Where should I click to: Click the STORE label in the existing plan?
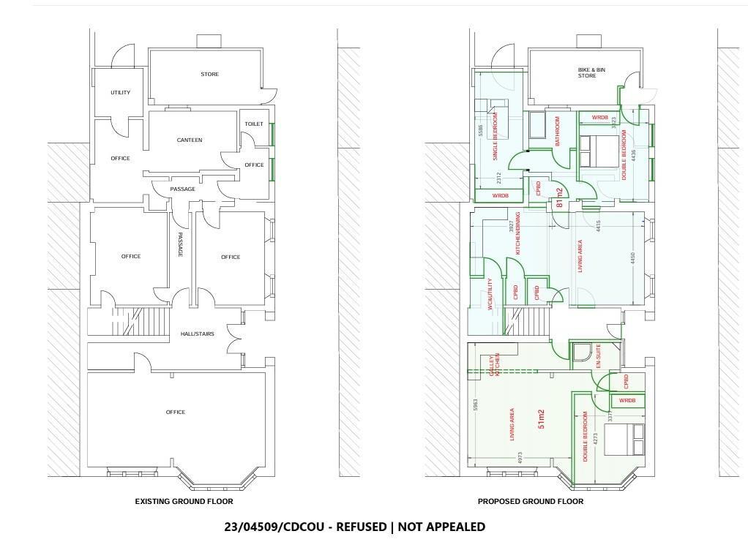click(209, 74)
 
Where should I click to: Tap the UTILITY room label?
click(120, 92)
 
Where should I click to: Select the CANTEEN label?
click(190, 140)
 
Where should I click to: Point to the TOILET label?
click(254, 124)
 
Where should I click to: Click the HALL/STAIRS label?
click(197, 334)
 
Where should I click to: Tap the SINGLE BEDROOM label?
click(495, 136)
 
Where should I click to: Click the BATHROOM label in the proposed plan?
click(557, 131)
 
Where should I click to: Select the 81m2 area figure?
click(560, 197)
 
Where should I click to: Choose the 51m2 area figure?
click(542, 418)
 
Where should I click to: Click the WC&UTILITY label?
click(490, 295)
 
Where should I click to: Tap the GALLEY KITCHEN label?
click(493, 366)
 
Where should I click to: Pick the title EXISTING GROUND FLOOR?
click(184, 501)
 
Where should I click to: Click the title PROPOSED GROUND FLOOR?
click(531, 501)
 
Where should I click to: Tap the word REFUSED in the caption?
click(361, 527)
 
